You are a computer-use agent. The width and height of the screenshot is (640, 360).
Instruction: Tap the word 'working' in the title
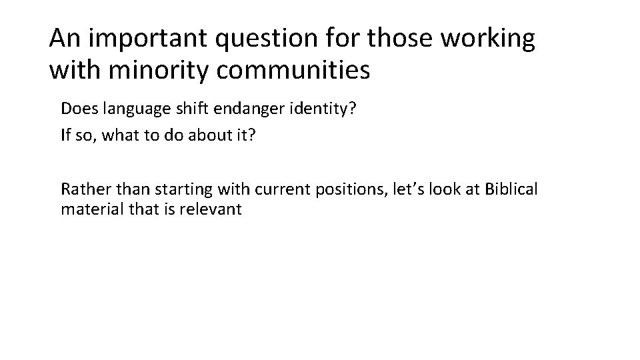pos(485,40)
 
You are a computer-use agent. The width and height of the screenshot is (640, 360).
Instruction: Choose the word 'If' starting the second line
pos(65,136)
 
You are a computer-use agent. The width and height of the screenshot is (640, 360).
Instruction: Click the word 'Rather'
pos(79,189)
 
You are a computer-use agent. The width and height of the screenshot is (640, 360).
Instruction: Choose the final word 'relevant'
pos(217,210)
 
